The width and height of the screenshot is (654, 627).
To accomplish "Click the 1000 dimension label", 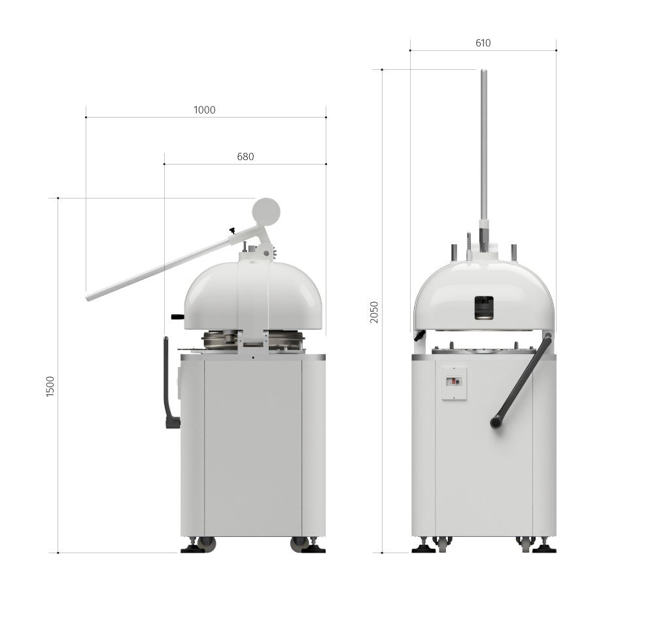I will tap(204, 110).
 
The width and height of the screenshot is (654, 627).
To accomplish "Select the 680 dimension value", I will tap(245, 157).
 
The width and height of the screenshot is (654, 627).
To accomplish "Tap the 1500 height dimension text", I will tap(50, 387).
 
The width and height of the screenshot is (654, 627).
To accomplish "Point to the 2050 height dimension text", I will tap(374, 312).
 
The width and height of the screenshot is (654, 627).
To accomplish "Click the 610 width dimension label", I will tap(483, 43).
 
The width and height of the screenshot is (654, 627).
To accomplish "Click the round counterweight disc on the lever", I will tap(266, 211).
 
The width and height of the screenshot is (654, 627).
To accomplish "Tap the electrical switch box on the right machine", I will tap(454, 383).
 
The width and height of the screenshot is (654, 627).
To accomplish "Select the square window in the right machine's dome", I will tap(484, 308).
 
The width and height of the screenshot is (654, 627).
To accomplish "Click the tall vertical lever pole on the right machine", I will tap(484, 144).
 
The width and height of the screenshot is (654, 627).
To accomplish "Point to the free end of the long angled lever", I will tap(90, 297).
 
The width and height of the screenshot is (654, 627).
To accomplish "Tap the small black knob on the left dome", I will tap(177, 317).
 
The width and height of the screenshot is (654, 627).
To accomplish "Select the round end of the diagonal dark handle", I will tap(495, 423).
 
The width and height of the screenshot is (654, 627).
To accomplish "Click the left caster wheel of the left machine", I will tap(207, 543).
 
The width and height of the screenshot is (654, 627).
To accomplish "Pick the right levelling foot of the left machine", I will tap(313, 547).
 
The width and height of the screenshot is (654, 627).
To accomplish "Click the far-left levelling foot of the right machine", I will tap(423, 547).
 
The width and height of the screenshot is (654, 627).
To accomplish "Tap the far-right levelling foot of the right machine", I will tap(544, 547).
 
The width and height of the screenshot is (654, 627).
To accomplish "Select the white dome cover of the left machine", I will tap(253, 295).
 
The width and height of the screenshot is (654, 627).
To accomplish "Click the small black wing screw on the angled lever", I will tap(232, 230).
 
